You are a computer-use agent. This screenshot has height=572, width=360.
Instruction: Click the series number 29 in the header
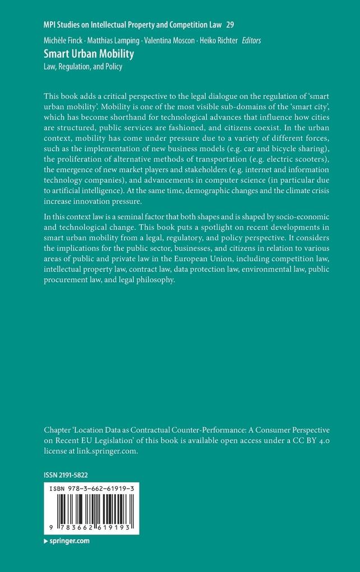tap(230, 25)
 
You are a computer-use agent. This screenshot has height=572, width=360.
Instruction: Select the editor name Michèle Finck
tap(63, 40)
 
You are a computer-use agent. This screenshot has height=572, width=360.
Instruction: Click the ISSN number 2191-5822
tap(75, 475)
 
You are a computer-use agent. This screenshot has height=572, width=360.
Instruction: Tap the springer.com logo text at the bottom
tap(68, 542)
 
